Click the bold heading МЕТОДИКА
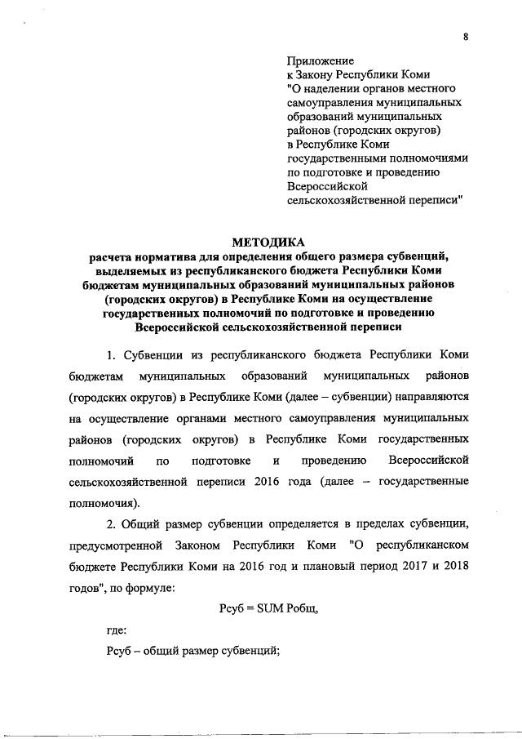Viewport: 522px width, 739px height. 268,241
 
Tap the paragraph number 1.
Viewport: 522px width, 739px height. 111,356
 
